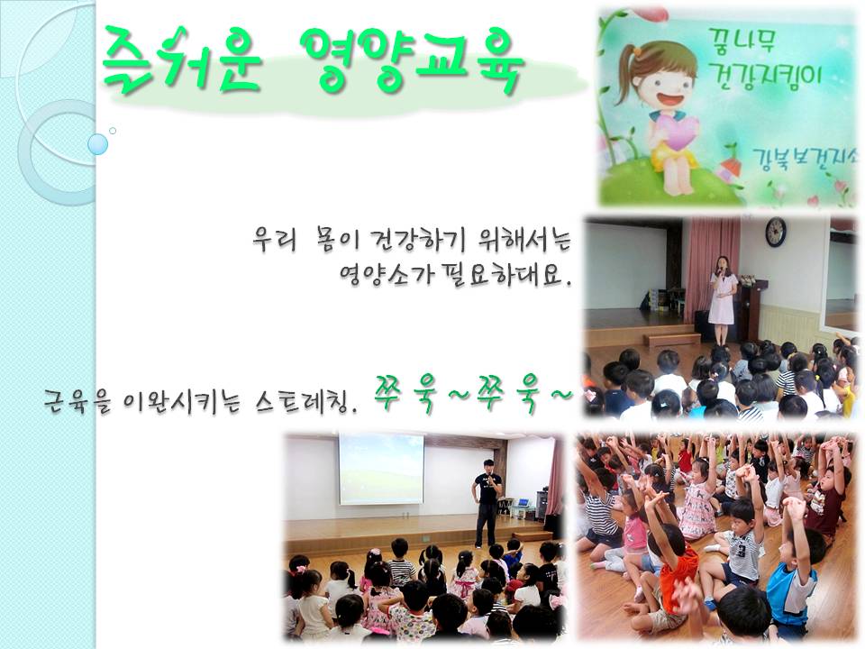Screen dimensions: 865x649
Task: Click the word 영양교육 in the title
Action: click(x=412, y=60)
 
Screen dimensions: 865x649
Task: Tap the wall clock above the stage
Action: click(x=776, y=232)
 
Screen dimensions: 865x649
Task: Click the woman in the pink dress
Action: click(x=722, y=299)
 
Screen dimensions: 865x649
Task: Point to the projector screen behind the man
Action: click(x=381, y=470)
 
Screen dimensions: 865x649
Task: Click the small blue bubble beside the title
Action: click(x=97, y=144)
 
